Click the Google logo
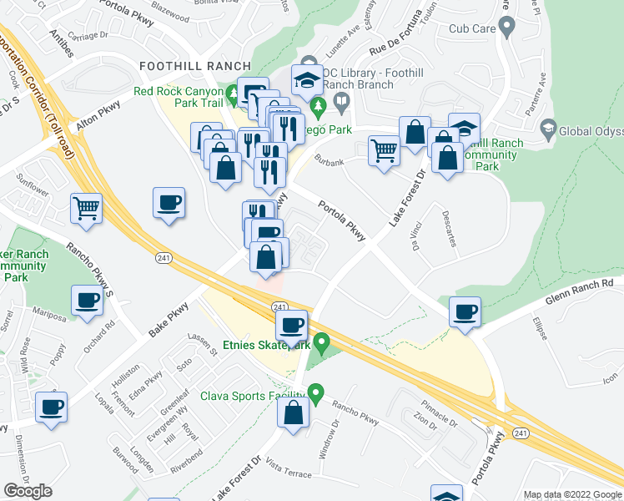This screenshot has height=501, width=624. pyautogui.click(x=28, y=490)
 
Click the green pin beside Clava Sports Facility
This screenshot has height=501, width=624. pyautogui.click(x=315, y=392)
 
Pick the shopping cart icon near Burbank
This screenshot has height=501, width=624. pyautogui.click(x=384, y=152)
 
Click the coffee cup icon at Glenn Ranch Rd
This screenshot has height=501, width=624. pyautogui.click(x=464, y=312)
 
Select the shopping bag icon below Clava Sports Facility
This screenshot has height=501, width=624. pyautogui.click(x=294, y=412)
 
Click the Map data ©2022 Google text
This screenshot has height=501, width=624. pyautogui.click(x=571, y=494)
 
